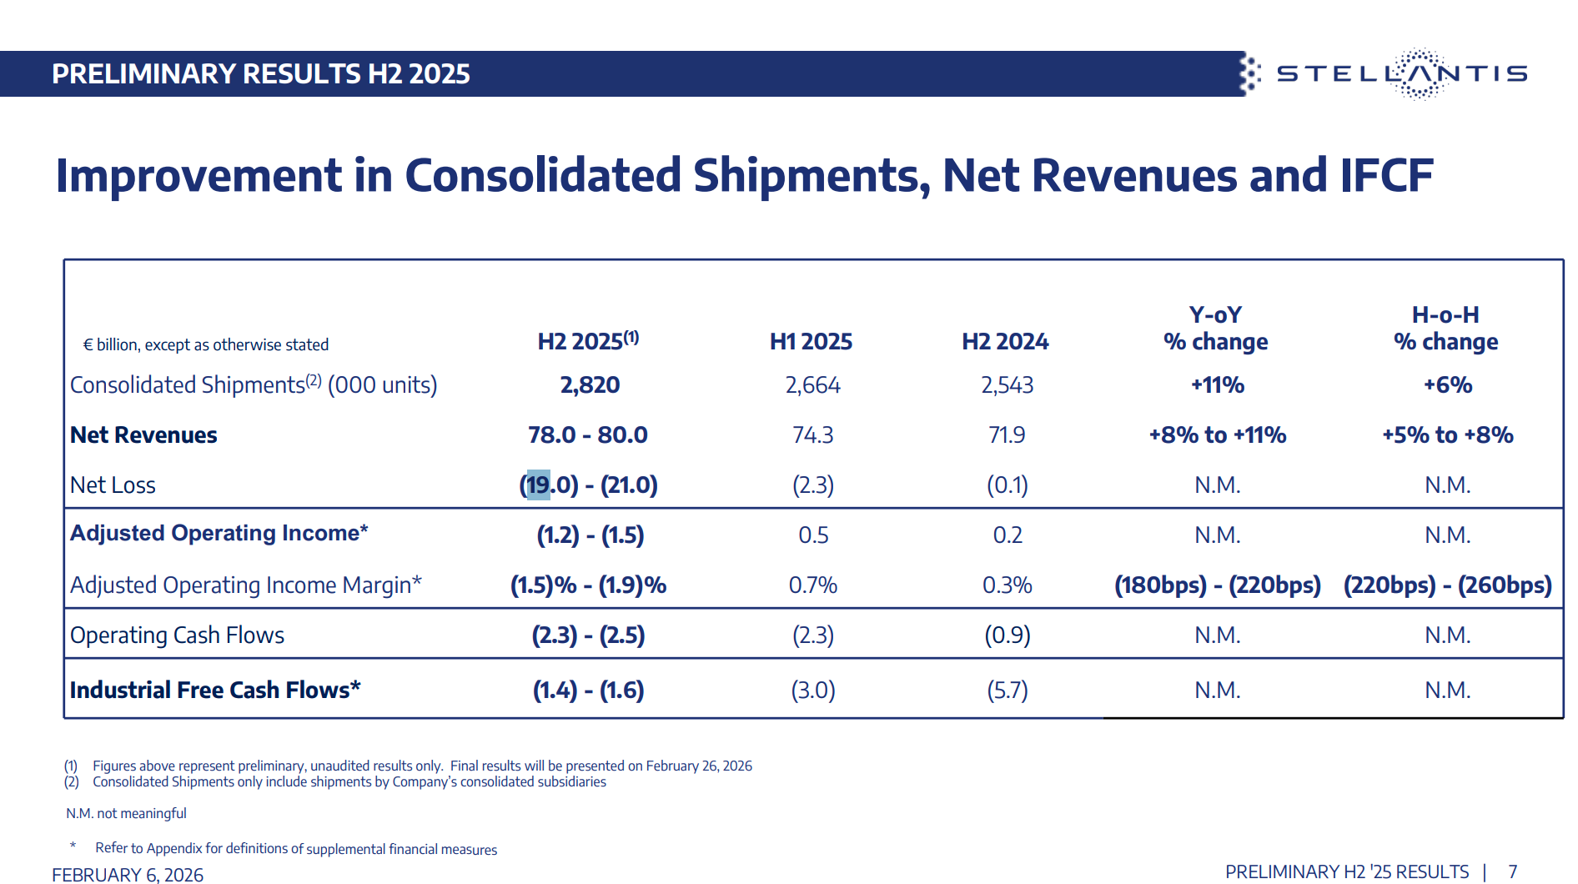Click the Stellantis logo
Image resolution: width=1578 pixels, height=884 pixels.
point(1401,73)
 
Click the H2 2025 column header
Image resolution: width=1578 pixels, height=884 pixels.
point(587,341)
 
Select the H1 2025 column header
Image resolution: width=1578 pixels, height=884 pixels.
point(811,341)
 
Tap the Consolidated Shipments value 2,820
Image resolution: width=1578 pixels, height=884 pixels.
point(590,385)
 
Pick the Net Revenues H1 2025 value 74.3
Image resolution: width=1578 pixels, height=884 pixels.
point(812,435)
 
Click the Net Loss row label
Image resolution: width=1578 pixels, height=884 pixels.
point(113,485)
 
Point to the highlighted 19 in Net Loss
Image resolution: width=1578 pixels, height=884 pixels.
point(538,485)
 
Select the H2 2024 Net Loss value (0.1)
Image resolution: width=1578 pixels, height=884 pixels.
point(1007,485)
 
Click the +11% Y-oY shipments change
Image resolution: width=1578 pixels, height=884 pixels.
point(1217,385)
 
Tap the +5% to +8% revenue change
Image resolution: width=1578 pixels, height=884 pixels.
point(1447,435)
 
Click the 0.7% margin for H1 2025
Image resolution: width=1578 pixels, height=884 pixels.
point(812,585)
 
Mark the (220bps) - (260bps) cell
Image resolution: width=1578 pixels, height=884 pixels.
point(1447,585)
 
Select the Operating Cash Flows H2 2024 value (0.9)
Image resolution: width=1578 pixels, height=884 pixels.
point(1007,635)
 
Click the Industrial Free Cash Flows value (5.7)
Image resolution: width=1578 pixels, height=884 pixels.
point(1007,691)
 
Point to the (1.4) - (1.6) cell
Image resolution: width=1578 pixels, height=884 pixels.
point(588,691)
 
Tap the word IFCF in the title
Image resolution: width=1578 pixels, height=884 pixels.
point(1385,176)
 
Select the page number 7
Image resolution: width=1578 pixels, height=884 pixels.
point(1512,872)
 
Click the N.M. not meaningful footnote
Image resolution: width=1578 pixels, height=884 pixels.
point(126,813)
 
